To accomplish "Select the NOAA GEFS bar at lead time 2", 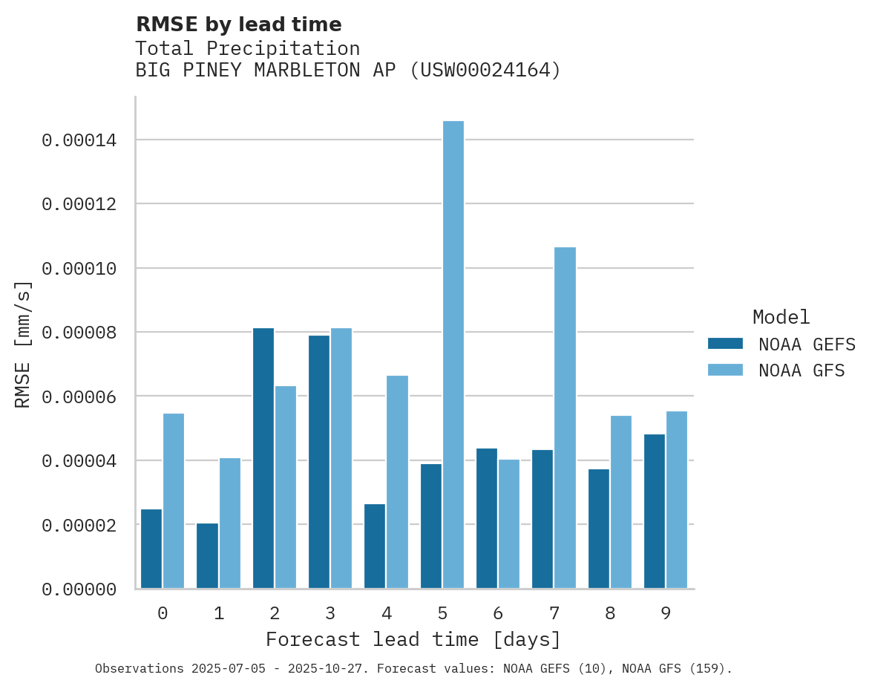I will point(263,458).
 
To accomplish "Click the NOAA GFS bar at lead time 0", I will point(174,500).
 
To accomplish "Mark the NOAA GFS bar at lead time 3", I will point(341,458).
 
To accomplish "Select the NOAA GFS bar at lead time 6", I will point(509,523).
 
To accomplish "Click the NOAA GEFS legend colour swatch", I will point(725,344).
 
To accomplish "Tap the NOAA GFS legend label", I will point(801,370).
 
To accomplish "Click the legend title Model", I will point(781,317).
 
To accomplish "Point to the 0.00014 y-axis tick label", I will point(79,140).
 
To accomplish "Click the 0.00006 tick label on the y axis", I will point(79,396).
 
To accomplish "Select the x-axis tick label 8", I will point(610,613).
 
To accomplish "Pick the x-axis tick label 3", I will point(330,613).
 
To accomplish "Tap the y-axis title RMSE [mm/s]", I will point(24,344).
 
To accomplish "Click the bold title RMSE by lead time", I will point(238,25).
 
